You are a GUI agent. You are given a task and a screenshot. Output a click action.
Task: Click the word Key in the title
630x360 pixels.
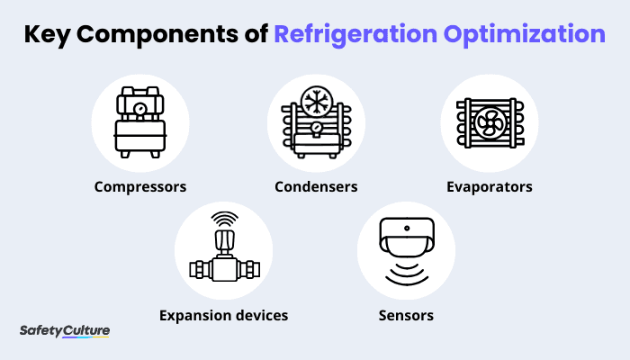pyautogui.click(x=49, y=34)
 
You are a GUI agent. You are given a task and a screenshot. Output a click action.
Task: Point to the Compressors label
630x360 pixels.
pyautogui.click(x=139, y=187)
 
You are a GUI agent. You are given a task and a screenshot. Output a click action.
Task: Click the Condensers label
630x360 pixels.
pyautogui.click(x=316, y=187)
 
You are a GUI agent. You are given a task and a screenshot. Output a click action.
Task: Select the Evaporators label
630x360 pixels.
pyautogui.click(x=490, y=187)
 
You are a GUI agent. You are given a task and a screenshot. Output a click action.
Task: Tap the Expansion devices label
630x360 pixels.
pyautogui.click(x=223, y=315)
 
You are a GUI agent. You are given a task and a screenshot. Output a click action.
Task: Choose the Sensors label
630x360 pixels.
pyautogui.click(x=406, y=315)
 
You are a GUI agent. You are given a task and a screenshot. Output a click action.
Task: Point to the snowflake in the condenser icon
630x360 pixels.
pyautogui.click(x=316, y=100)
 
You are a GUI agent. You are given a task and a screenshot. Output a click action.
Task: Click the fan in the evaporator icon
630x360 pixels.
pyautogui.click(x=489, y=121)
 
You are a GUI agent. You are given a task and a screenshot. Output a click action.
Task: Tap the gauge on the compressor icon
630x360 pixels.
pyautogui.click(x=139, y=106)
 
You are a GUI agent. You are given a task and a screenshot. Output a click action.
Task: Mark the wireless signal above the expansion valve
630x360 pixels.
pyautogui.click(x=223, y=219)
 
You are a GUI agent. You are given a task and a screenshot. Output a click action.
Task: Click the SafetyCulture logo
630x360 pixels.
pyautogui.click(x=65, y=331)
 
